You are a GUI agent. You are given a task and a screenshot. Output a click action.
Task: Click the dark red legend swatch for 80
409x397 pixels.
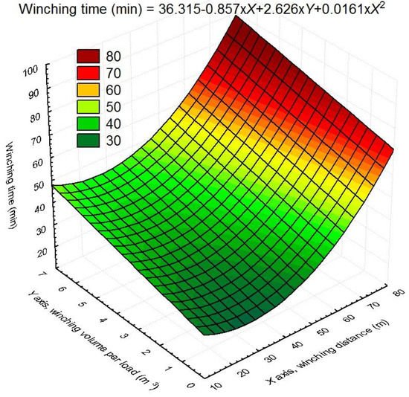[91, 57]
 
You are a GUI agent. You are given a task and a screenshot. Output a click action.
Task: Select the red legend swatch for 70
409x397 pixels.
[91, 74]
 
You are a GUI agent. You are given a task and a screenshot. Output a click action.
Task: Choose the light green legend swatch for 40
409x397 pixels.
[91, 124]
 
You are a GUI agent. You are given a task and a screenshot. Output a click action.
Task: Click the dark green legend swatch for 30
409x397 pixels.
[91, 141]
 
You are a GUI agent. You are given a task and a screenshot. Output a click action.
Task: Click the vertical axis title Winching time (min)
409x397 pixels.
[14, 187]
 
